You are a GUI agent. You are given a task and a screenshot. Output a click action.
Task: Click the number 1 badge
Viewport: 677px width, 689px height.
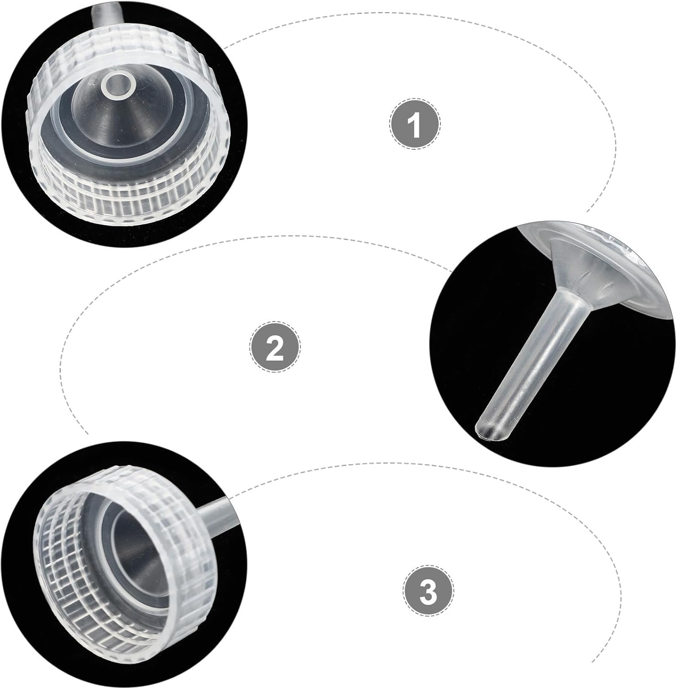click(x=415, y=123)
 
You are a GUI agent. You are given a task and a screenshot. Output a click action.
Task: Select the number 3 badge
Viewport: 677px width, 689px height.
click(x=428, y=589)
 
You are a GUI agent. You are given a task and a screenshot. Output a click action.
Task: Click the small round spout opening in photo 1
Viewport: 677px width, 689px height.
click(x=118, y=85)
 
